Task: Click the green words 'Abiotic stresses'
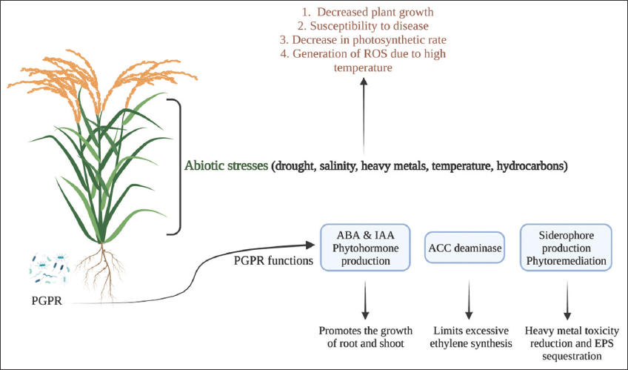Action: (227, 166)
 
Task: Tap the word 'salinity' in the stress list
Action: (333, 166)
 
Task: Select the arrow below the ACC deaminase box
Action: (467, 301)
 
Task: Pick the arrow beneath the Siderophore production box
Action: (568, 301)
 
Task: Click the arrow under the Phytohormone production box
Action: (363, 301)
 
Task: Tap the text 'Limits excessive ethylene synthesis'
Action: (467, 338)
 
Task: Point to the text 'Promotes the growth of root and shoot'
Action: (363, 338)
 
